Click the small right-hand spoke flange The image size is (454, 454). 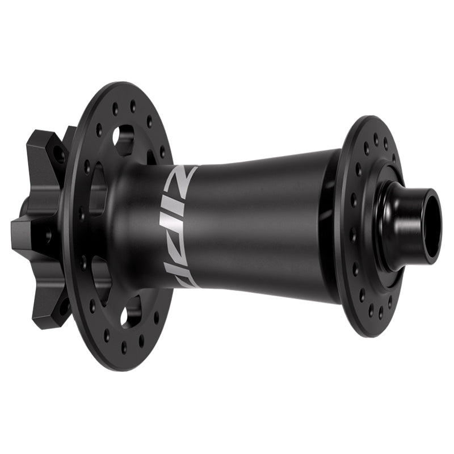[x=363, y=227]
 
